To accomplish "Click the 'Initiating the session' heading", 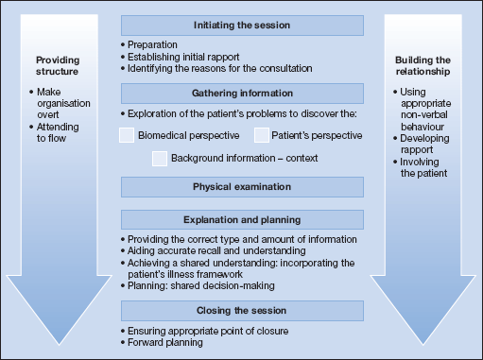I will click(242, 25).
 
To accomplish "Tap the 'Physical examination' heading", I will click(242, 185).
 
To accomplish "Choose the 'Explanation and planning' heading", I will click(242, 218).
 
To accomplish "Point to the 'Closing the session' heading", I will click(242, 309).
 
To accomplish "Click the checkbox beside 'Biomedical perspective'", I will click(128, 135).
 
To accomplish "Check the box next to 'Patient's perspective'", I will click(262, 135).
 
